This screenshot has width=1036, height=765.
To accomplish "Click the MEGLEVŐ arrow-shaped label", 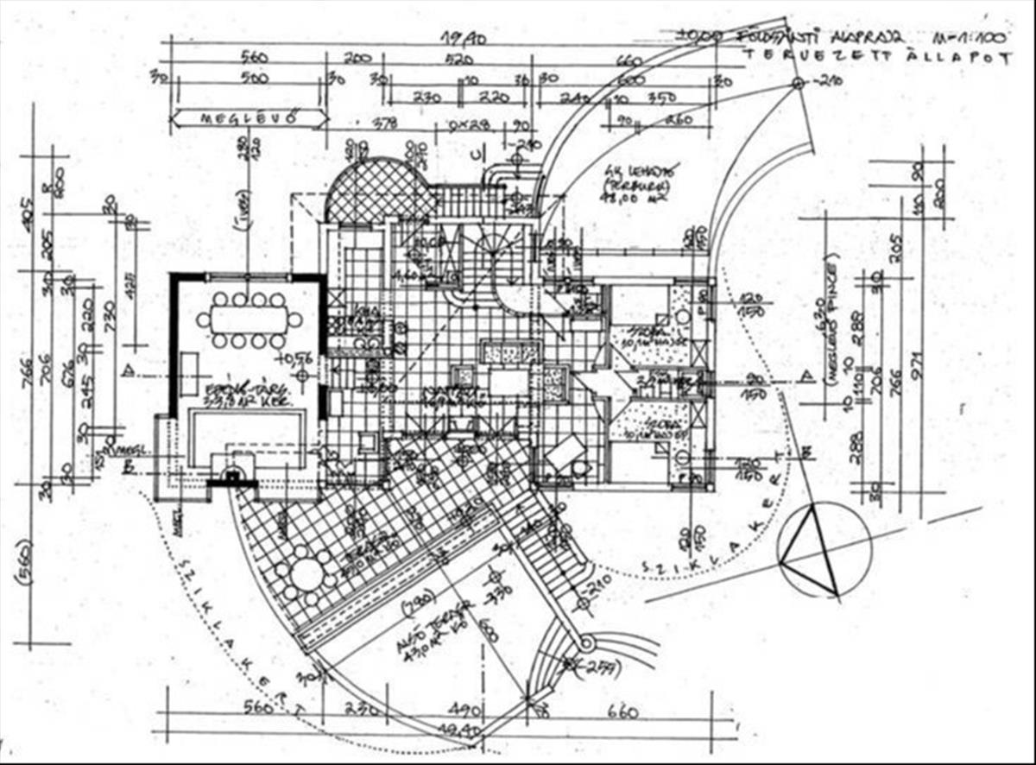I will [250, 117].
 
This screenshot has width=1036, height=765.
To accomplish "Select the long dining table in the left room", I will [248, 320].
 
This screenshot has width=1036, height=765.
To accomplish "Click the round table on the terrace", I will [306, 574].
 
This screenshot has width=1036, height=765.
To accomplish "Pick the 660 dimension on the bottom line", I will [622, 712].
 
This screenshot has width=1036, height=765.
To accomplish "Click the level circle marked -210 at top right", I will [799, 84].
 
